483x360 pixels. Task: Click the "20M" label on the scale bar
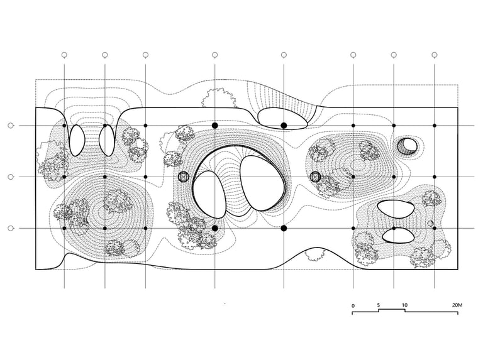pyautogui.click(x=457, y=306)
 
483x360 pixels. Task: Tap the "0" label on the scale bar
pyautogui.click(x=353, y=306)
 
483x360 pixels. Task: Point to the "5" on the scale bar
pyautogui.click(x=379, y=306)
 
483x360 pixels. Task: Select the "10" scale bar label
pyautogui.click(x=404, y=306)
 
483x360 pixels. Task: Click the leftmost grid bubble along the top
pyautogui.click(x=64, y=55)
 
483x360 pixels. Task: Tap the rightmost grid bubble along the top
pyautogui.click(x=435, y=55)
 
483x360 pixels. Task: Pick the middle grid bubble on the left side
pyautogui.click(x=10, y=177)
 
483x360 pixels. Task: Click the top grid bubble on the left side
pyautogui.click(x=10, y=126)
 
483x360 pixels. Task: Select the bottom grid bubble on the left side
pyautogui.click(x=10, y=228)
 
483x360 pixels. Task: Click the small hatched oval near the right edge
pyautogui.click(x=407, y=146)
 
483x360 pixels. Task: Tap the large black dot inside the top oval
pyautogui.click(x=284, y=126)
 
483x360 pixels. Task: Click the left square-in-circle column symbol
pyautogui.click(x=184, y=177)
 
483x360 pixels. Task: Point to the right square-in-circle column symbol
pyautogui.click(x=316, y=177)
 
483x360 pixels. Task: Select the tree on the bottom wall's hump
pyautogui.click(x=314, y=254)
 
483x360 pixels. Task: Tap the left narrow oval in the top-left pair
pyautogui.click(x=77, y=139)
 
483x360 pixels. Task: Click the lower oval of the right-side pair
pyautogui.click(x=397, y=235)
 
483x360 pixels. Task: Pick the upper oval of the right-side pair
pyautogui.click(x=396, y=209)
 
